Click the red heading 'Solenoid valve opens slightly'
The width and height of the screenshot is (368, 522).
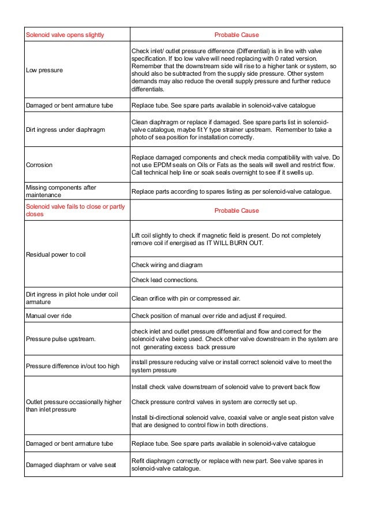[x=65, y=35]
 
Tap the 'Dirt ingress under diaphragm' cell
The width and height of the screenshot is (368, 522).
[x=65, y=130]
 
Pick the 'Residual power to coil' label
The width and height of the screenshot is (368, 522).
[x=55, y=254]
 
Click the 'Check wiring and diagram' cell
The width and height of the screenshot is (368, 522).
[x=167, y=265]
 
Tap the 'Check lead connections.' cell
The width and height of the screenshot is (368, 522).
[x=165, y=280]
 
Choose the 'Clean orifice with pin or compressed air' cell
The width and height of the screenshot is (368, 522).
[x=186, y=298]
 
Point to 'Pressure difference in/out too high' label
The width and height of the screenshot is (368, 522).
[x=73, y=366]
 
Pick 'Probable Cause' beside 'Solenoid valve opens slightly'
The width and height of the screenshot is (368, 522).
[x=236, y=35]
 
